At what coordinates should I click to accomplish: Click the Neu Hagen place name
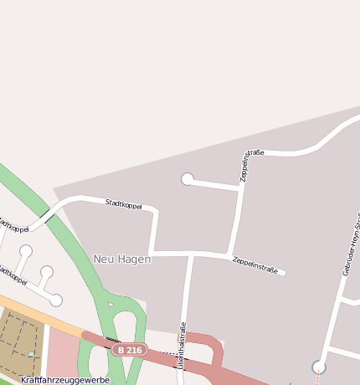point(122,259)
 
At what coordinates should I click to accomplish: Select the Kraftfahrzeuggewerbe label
point(65,379)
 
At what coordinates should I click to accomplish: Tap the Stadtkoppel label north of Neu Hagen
point(123,204)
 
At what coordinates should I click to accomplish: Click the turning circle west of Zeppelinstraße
point(188,178)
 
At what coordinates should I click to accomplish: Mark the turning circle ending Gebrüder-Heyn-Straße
point(319,367)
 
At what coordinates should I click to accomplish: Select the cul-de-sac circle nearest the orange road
point(56,300)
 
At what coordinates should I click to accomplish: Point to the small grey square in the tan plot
point(32,354)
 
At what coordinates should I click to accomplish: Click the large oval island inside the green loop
point(125,323)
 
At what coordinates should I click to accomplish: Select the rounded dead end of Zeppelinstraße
point(283,272)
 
